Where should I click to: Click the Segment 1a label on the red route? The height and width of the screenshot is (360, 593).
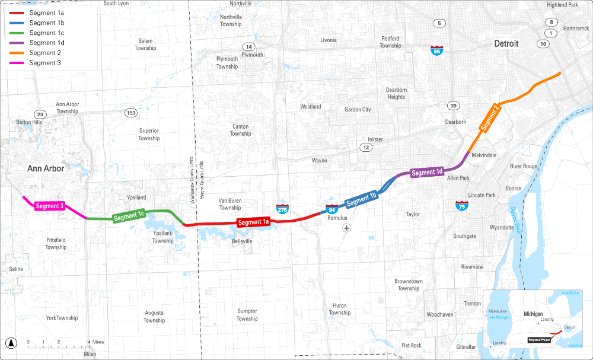pos(253,222)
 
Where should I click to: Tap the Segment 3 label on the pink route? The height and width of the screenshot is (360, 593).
pos(49,206)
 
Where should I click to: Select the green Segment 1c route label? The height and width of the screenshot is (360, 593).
pos(129,216)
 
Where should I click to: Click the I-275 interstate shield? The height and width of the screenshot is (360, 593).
pos(283,208)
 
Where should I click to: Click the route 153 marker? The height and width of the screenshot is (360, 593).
pos(130,113)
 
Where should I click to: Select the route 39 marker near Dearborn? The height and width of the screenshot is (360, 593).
pos(454,106)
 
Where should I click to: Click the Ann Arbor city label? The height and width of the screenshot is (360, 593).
pos(46,168)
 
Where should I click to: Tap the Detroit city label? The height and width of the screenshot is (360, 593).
pos(506,44)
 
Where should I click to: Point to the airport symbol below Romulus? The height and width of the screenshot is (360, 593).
pos(347,228)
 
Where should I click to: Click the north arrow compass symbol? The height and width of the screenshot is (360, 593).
pos(11,342)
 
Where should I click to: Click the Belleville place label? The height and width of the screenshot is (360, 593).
pos(242,241)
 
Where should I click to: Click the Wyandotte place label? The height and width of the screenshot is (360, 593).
pos(502,227)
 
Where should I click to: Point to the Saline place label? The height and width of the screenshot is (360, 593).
pos(16,269)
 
